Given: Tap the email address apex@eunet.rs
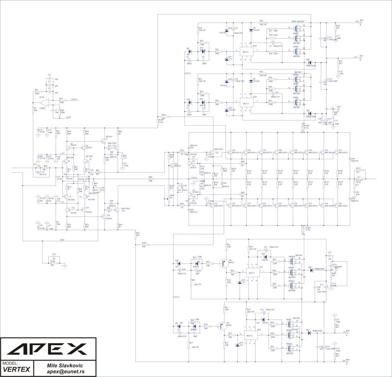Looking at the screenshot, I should click(x=65, y=372).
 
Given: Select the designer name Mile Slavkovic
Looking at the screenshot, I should click(x=65, y=366).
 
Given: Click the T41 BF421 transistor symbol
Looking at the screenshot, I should click(x=220, y=326).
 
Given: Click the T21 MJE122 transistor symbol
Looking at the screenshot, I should click(x=172, y=166).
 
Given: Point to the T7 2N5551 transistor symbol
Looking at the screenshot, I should click(x=103, y=141).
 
